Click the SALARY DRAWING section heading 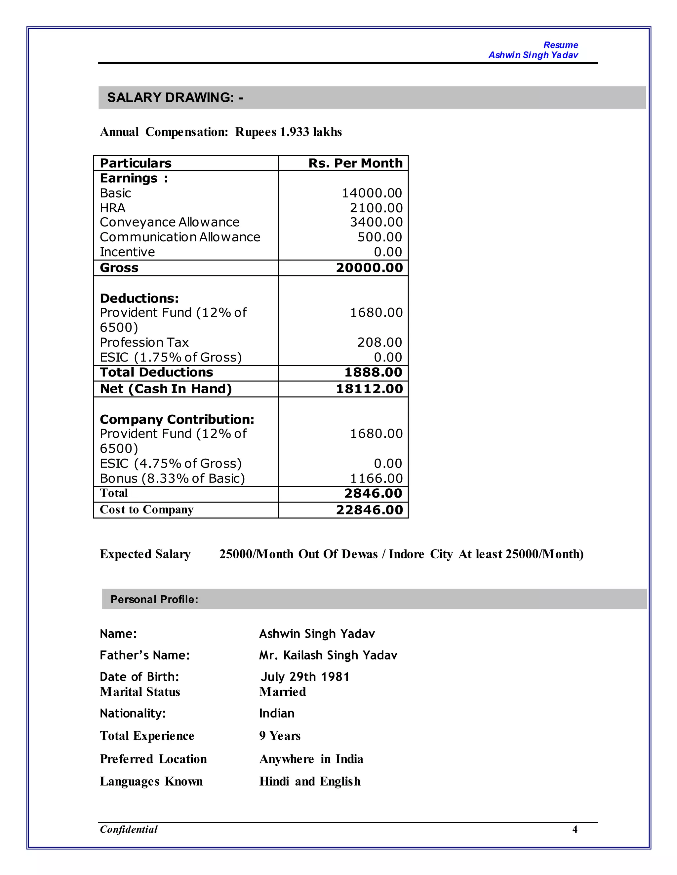point(175,97)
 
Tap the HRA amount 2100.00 point(376,208)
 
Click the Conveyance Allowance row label point(169,222)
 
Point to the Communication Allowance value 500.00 point(379,237)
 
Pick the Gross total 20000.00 point(369,268)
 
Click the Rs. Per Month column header point(355,163)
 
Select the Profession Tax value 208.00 point(379,342)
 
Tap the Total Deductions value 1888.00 point(373,372)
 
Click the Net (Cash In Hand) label point(166,389)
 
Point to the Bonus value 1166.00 point(376,478)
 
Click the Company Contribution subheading point(177,419)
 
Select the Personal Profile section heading point(154,599)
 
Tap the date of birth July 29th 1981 point(305,677)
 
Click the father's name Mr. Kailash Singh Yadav point(328,655)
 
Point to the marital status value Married point(282,692)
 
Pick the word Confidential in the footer point(129,829)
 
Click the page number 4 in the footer point(574,829)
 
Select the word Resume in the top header point(560,45)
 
